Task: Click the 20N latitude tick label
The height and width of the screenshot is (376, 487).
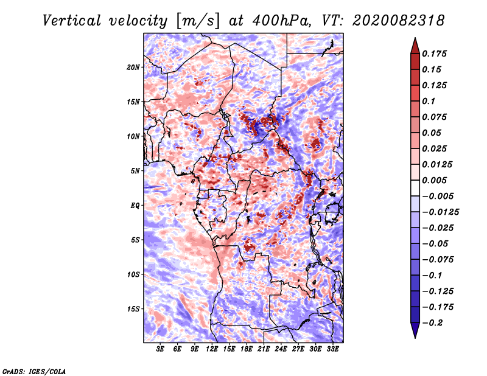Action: pos(133,67)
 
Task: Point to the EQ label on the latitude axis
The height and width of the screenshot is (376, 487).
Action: pos(135,206)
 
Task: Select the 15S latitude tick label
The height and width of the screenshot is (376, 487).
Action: pos(133,309)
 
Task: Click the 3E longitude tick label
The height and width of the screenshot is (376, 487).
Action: pos(161,349)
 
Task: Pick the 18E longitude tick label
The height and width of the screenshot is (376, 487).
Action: pos(247,349)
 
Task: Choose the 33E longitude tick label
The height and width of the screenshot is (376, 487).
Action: pos(332,349)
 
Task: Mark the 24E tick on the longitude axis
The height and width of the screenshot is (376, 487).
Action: pos(281,349)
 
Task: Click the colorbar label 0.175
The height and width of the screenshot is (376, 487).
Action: pos(435,54)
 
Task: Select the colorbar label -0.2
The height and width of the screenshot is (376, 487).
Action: pos(434,323)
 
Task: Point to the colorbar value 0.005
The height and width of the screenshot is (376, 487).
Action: pos(435,180)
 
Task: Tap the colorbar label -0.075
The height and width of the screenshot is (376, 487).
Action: pos(437,260)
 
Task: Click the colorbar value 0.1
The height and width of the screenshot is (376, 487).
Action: pos(429,101)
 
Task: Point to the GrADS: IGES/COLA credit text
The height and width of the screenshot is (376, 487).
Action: pos(33,370)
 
